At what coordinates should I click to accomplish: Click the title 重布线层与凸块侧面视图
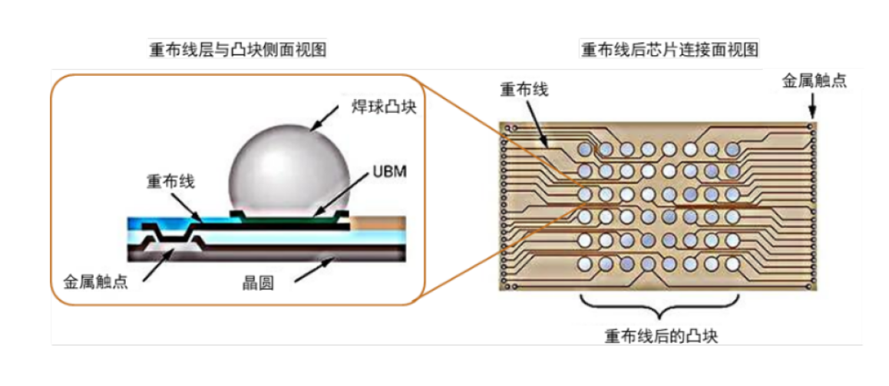[237, 51]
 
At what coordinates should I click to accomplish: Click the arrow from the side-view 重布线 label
[186, 207]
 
